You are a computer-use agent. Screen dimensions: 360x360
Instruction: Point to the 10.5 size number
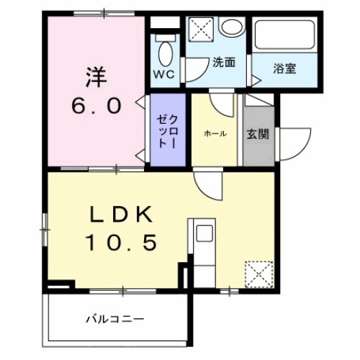click(x=122, y=243)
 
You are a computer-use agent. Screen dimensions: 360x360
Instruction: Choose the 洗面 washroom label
click(x=222, y=62)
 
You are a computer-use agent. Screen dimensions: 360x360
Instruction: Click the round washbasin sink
click(x=231, y=28)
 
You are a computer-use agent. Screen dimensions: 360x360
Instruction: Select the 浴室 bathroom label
click(x=284, y=69)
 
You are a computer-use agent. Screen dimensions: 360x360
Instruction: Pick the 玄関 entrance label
click(x=258, y=134)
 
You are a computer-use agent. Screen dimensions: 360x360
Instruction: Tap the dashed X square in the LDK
click(x=256, y=273)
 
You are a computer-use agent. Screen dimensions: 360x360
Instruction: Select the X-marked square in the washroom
click(x=199, y=30)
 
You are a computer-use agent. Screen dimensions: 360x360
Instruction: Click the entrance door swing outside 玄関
click(x=292, y=144)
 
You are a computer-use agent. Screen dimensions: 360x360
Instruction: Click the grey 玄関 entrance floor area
click(x=257, y=148)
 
